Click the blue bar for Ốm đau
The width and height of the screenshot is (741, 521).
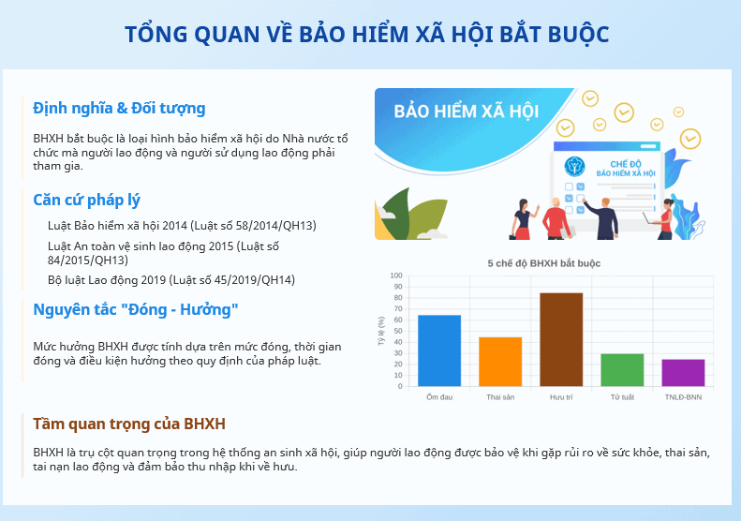(x=439, y=350)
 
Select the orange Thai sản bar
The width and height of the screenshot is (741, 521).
(x=500, y=362)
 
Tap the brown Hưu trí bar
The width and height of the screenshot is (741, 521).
(x=561, y=339)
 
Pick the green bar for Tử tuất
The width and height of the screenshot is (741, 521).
(x=622, y=370)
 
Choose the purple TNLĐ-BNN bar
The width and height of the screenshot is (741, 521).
(x=683, y=373)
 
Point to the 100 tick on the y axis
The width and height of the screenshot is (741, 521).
(x=396, y=275)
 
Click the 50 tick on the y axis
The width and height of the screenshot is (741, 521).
(x=397, y=331)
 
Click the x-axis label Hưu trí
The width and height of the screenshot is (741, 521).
(x=561, y=397)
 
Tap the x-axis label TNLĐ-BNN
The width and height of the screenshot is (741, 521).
(x=683, y=397)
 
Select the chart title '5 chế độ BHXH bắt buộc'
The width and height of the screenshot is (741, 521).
(x=544, y=263)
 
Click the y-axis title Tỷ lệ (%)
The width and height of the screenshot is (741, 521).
(x=381, y=331)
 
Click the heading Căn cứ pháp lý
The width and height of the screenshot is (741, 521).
(x=86, y=200)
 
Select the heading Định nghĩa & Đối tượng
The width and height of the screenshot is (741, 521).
(x=119, y=109)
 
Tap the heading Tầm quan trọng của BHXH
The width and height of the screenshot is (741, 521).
(x=129, y=424)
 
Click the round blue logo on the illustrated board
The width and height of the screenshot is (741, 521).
(x=574, y=167)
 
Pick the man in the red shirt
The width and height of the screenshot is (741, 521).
(x=556, y=218)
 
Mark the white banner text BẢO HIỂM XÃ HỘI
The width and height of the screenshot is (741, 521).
(x=466, y=112)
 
